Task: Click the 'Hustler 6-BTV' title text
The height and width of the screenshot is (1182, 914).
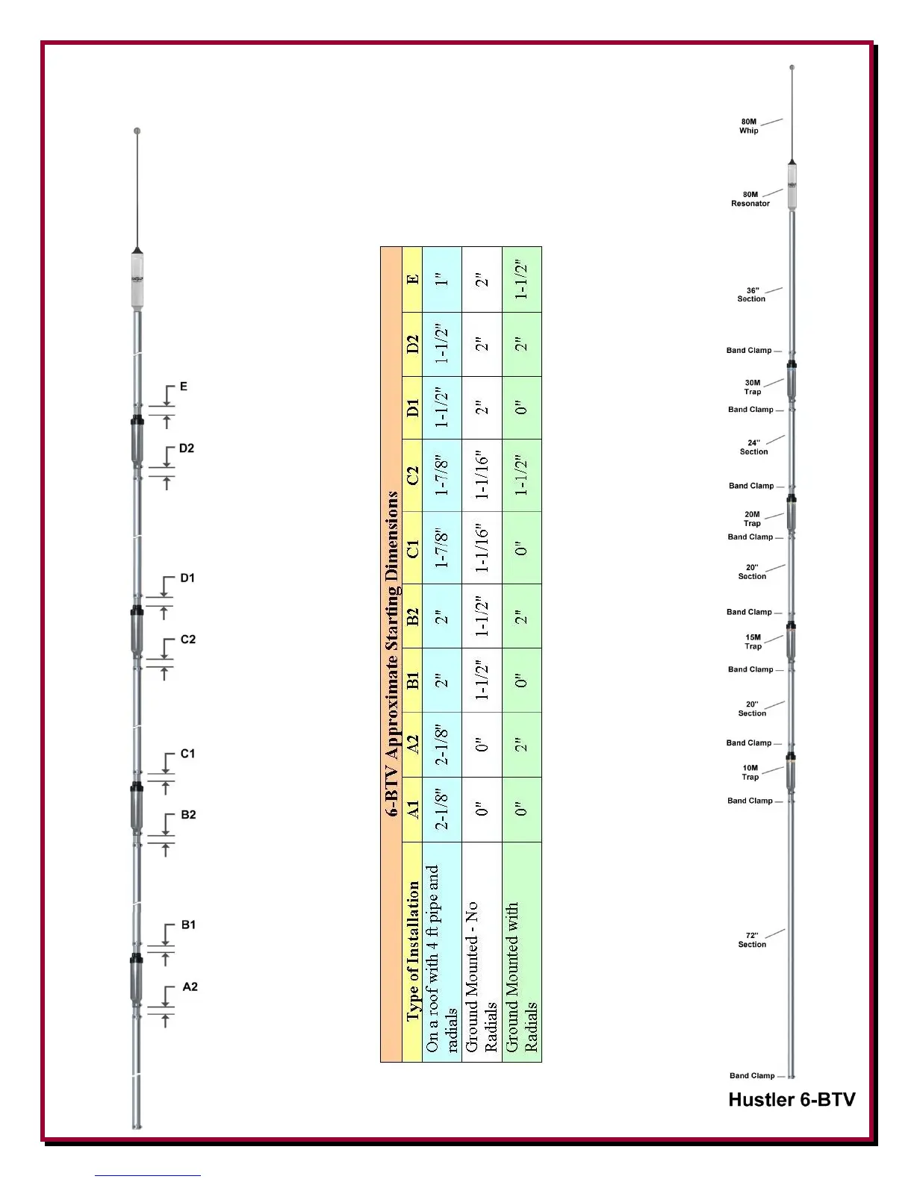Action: click(x=792, y=1099)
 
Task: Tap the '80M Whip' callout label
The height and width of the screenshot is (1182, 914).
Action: click(x=749, y=126)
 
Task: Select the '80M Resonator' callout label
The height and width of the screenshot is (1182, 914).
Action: click(x=750, y=199)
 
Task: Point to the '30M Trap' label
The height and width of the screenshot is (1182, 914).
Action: click(x=753, y=387)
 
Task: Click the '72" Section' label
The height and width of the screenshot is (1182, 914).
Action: click(x=752, y=940)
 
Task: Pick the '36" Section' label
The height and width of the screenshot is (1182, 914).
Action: click(x=751, y=295)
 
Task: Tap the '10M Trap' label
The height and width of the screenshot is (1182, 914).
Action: click(x=750, y=772)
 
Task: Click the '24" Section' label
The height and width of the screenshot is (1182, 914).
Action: click(x=753, y=447)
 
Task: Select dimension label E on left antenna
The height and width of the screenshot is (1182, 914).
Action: click(x=184, y=387)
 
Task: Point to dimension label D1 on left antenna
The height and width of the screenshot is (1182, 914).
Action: click(x=187, y=578)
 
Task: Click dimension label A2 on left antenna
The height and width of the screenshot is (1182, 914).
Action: click(x=190, y=986)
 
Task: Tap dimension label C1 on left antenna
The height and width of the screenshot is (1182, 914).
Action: click(x=187, y=754)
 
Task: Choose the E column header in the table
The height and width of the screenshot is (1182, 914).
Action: click(x=412, y=280)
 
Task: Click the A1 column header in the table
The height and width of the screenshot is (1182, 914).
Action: click(x=412, y=810)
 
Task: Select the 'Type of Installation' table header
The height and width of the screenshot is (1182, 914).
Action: click(x=412, y=951)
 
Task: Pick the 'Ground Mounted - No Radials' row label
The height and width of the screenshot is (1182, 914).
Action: click(x=481, y=978)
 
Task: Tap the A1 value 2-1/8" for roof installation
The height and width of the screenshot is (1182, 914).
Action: click(x=442, y=810)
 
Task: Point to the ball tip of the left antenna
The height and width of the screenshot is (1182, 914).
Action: click(x=137, y=131)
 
